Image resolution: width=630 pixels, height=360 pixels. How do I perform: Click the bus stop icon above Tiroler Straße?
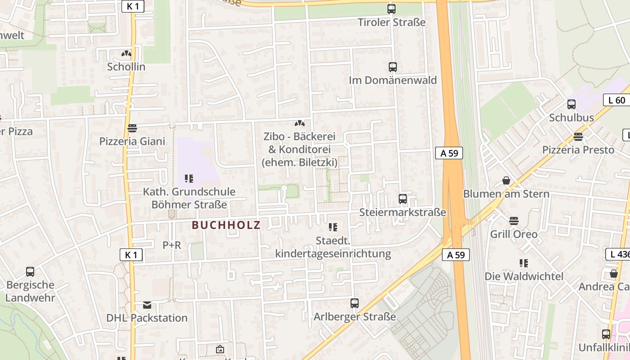click(x=391, y=9)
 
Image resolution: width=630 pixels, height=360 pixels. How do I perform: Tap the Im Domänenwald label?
click(x=393, y=80)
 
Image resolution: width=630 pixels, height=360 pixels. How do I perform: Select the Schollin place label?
click(x=126, y=67)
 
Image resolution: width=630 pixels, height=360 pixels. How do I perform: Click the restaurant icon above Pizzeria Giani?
click(x=132, y=128)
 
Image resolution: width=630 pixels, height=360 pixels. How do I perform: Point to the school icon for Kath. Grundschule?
click(x=189, y=179)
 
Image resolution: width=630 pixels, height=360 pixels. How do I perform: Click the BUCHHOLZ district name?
click(x=226, y=225)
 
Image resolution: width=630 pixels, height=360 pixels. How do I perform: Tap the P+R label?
click(x=171, y=245)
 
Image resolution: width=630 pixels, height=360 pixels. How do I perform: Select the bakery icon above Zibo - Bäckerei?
click(x=299, y=123)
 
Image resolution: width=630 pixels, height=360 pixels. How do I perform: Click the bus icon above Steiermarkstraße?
click(x=403, y=198)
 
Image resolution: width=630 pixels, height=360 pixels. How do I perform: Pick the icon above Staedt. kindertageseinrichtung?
click(x=333, y=227)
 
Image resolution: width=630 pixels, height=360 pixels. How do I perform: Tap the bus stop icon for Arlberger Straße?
click(x=355, y=303)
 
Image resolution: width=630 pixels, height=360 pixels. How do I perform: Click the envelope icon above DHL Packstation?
click(x=147, y=305)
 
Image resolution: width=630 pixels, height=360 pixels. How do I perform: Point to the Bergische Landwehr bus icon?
click(x=30, y=272)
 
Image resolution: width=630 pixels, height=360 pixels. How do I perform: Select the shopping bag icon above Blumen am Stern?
click(x=506, y=180)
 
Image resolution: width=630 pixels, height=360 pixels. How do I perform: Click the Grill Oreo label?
click(x=513, y=234)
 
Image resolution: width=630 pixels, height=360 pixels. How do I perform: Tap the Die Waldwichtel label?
click(x=524, y=276)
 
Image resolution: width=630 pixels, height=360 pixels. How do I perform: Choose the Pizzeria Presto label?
click(x=578, y=150)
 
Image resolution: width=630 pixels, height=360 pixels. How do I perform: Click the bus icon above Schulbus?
click(x=571, y=104)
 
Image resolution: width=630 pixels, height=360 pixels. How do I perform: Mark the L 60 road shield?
click(x=616, y=100)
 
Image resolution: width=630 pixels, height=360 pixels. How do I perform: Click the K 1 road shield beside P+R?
click(x=131, y=255)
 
